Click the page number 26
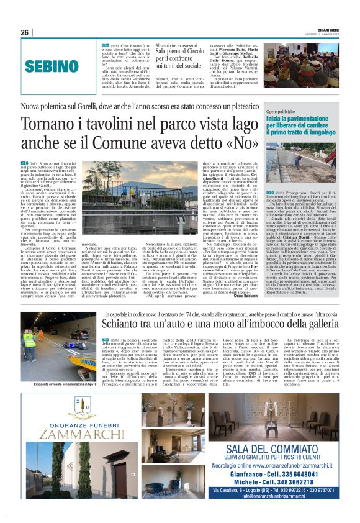[25, 32]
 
